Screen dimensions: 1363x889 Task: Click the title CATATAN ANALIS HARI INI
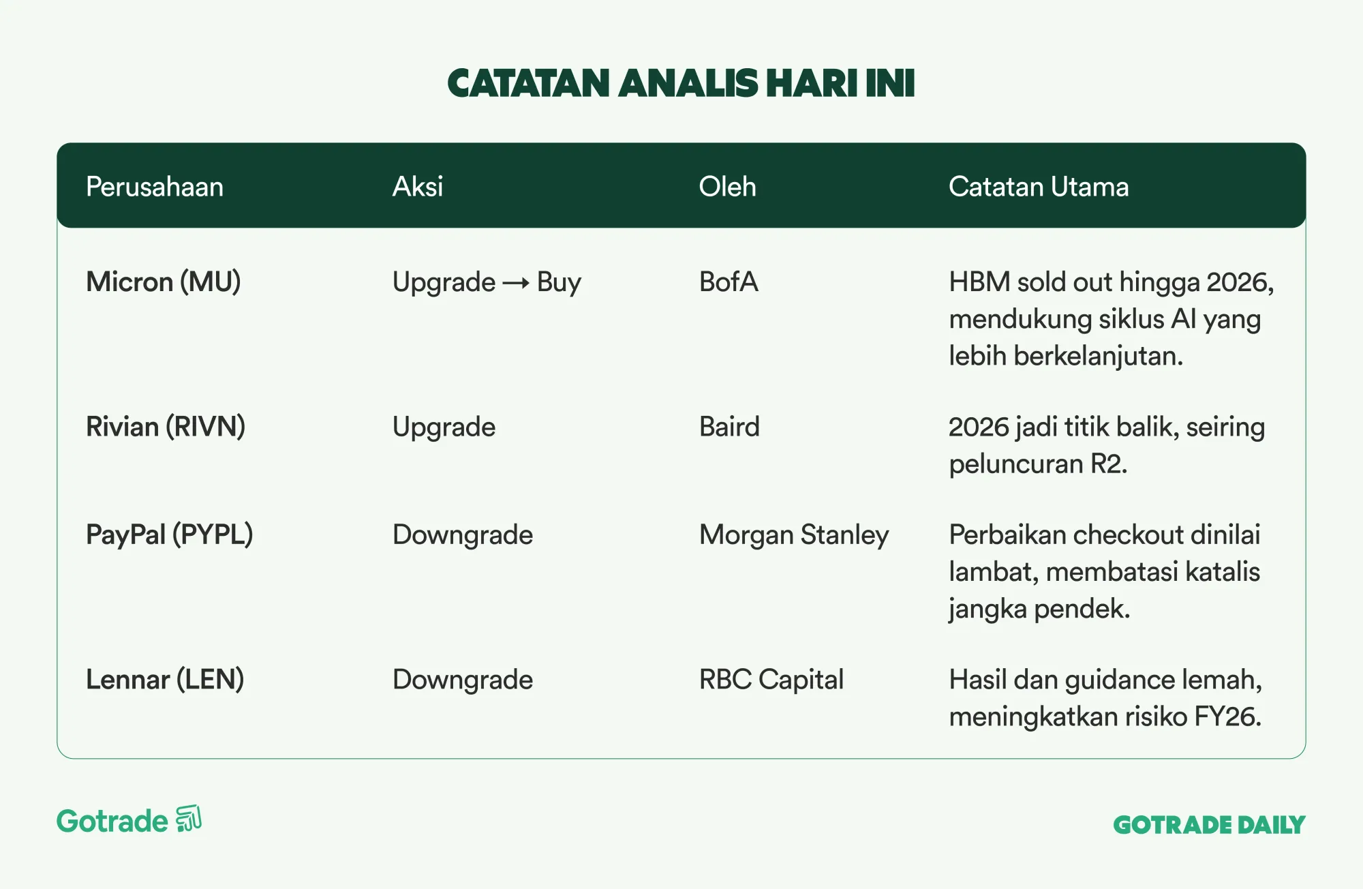[681, 83]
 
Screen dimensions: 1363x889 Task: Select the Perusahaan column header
[155, 187]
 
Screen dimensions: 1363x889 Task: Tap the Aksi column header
[418, 187]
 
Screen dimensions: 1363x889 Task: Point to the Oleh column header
[728, 187]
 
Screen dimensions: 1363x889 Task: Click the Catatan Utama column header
[1039, 187]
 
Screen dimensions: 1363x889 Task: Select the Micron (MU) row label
[164, 282]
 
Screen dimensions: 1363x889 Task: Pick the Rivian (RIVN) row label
[166, 427]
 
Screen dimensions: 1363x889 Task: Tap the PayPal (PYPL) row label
[170, 535]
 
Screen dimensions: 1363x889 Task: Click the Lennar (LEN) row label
[165, 680]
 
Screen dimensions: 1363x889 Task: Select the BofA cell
[729, 282]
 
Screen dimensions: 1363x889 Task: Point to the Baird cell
[729, 427]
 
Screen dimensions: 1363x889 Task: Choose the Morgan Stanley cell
[794, 535]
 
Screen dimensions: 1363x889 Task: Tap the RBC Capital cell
[771, 680]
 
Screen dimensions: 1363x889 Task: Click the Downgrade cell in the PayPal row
[463, 535]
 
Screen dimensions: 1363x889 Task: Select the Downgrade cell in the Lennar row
[463, 680]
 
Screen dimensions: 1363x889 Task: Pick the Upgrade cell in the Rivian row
[444, 427]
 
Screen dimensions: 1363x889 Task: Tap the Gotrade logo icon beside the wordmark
[189, 819]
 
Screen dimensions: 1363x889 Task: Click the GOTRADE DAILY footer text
[1209, 825]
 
